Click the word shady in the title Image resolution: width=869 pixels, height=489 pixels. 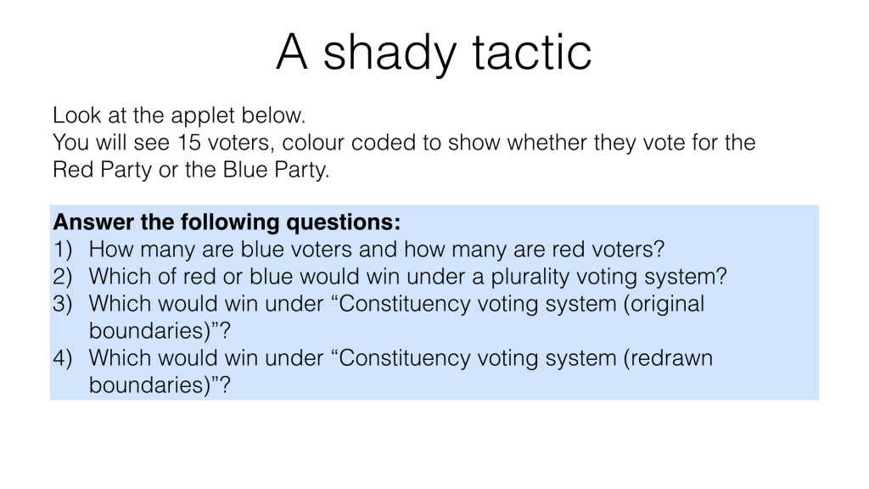point(389,53)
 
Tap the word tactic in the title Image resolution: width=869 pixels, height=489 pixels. point(532,52)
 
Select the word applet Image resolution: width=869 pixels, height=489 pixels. point(203,116)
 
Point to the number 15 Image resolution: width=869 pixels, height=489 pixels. point(189,143)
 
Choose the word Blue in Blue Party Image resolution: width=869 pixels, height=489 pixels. point(245,170)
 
